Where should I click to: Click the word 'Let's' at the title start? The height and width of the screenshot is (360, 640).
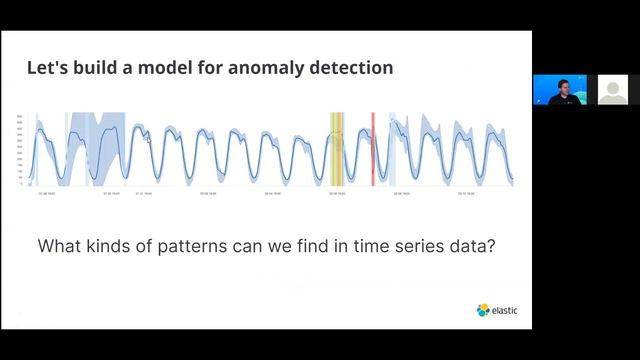click(46, 68)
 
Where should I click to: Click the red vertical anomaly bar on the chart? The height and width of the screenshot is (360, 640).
click(373, 148)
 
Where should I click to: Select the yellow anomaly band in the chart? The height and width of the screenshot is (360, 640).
click(337, 148)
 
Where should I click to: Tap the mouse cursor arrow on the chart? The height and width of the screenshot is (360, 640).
click(149, 140)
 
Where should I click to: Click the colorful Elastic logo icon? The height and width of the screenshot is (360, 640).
click(482, 310)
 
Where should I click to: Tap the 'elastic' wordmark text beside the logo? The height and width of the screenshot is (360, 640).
click(505, 311)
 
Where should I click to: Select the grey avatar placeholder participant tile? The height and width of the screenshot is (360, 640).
click(612, 90)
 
